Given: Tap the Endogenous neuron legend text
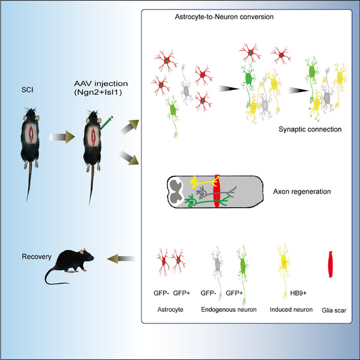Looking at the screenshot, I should pyautogui.click(x=230, y=311).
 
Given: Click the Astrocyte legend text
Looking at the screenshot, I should pyautogui.click(x=169, y=311).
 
